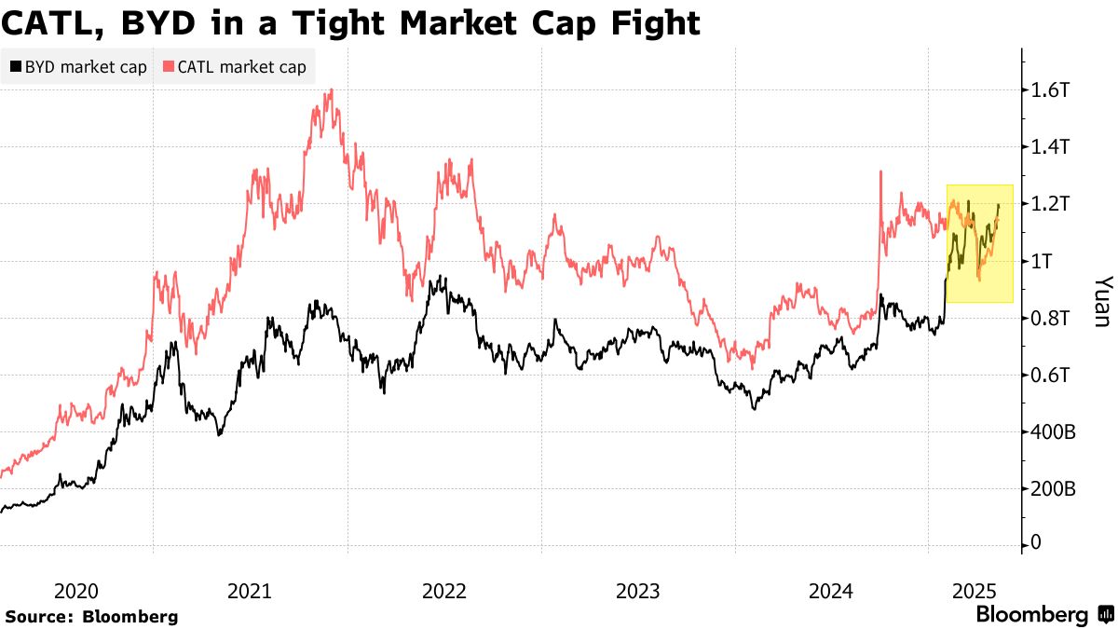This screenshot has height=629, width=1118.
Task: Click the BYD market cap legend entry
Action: click(x=79, y=67)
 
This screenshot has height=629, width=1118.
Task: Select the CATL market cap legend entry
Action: click(x=234, y=67)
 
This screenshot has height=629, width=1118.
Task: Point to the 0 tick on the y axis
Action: click(x=1035, y=544)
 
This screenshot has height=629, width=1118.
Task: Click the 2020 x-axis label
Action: click(x=76, y=591)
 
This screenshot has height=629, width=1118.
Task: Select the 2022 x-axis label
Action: click(x=443, y=591)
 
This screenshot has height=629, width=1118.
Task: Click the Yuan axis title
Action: click(x=1101, y=300)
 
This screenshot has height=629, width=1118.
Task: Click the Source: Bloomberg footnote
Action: click(x=91, y=616)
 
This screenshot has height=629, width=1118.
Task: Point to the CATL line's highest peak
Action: click(x=332, y=90)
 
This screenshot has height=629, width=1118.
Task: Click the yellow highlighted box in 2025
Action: click(x=979, y=243)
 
